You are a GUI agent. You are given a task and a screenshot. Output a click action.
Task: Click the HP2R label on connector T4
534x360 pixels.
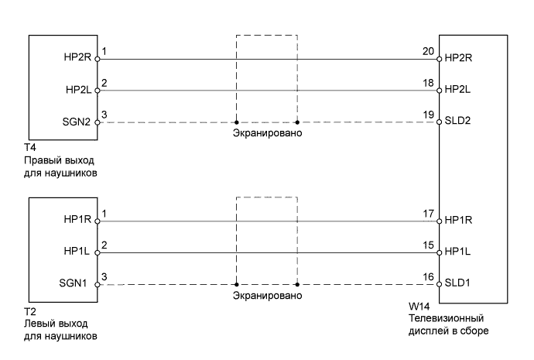point(78,58)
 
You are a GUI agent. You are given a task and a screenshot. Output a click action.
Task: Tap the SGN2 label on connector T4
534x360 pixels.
point(77,122)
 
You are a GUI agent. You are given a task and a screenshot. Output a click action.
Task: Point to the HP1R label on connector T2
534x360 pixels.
point(78,221)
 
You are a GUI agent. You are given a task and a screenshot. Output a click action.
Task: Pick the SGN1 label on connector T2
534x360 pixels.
point(77,284)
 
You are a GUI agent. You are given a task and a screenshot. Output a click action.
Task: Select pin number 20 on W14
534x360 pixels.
point(426,51)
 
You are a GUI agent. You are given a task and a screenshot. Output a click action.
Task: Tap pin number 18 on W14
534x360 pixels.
point(426,83)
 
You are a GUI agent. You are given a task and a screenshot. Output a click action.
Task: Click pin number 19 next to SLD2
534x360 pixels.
point(426,115)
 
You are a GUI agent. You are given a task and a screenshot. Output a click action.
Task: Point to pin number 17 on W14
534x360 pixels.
point(426,214)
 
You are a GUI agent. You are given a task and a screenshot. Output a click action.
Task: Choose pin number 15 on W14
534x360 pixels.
point(426,245)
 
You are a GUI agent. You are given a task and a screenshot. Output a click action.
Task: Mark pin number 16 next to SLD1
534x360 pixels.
point(426,277)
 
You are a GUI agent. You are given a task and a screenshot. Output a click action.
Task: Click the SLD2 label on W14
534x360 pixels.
point(459,122)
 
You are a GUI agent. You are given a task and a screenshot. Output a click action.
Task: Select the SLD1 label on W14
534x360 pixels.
point(459,284)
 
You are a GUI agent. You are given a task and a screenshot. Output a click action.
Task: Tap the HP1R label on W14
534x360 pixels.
point(460,221)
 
